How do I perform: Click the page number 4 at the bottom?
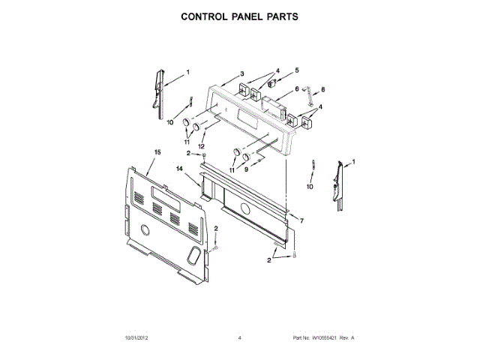(239, 338)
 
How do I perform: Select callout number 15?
(157, 152)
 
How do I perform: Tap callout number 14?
(180, 170)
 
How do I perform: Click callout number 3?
(242, 73)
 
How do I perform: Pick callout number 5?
(296, 70)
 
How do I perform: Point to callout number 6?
(297, 89)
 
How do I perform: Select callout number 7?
(301, 222)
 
